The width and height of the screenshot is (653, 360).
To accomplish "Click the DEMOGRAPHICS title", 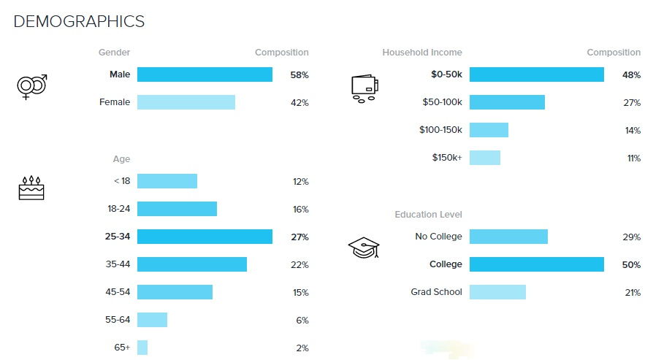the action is [x=79, y=22].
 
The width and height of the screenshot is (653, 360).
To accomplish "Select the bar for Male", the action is [x=205, y=74].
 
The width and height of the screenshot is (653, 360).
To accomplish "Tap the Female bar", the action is [x=186, y=102].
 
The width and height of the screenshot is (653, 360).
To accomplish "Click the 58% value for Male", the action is [x=299, y=75].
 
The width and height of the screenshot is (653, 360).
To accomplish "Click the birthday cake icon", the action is [x=31, y=188].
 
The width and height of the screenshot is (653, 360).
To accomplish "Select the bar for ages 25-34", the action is [x=205, y=237].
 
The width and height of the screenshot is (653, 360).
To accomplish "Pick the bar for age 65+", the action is [x=142, y=348].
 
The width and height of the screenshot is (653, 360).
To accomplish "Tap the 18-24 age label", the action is [x=118, y=209].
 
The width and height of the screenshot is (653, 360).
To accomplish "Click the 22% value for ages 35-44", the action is [x=300, y=264].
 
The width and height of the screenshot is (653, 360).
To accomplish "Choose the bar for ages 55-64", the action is [x=153, y=320].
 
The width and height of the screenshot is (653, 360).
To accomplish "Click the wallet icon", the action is [x=364, y=88].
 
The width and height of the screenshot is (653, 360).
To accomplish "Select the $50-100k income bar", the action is [x=507, y=102].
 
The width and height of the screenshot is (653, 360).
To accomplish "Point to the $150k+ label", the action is [x=447, y=158].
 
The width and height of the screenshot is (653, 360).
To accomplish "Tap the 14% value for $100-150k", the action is [x=633, y=131].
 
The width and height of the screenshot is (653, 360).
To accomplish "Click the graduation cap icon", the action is [x=364, y=248].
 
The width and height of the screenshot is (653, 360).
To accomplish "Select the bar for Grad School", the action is [x=497, y=292].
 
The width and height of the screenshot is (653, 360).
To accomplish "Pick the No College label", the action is [x=438, y=237].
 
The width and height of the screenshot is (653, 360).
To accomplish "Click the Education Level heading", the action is [x=429, y=215].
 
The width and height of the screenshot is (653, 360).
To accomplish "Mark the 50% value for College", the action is [x=631, y=264].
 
